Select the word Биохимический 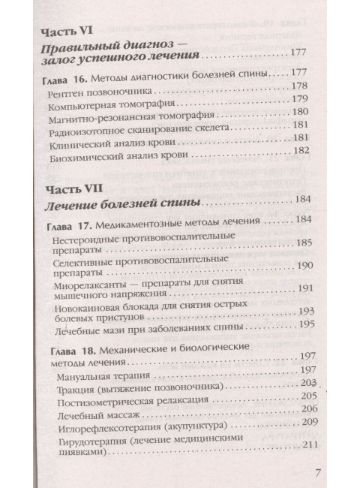[x=87, y=154]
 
